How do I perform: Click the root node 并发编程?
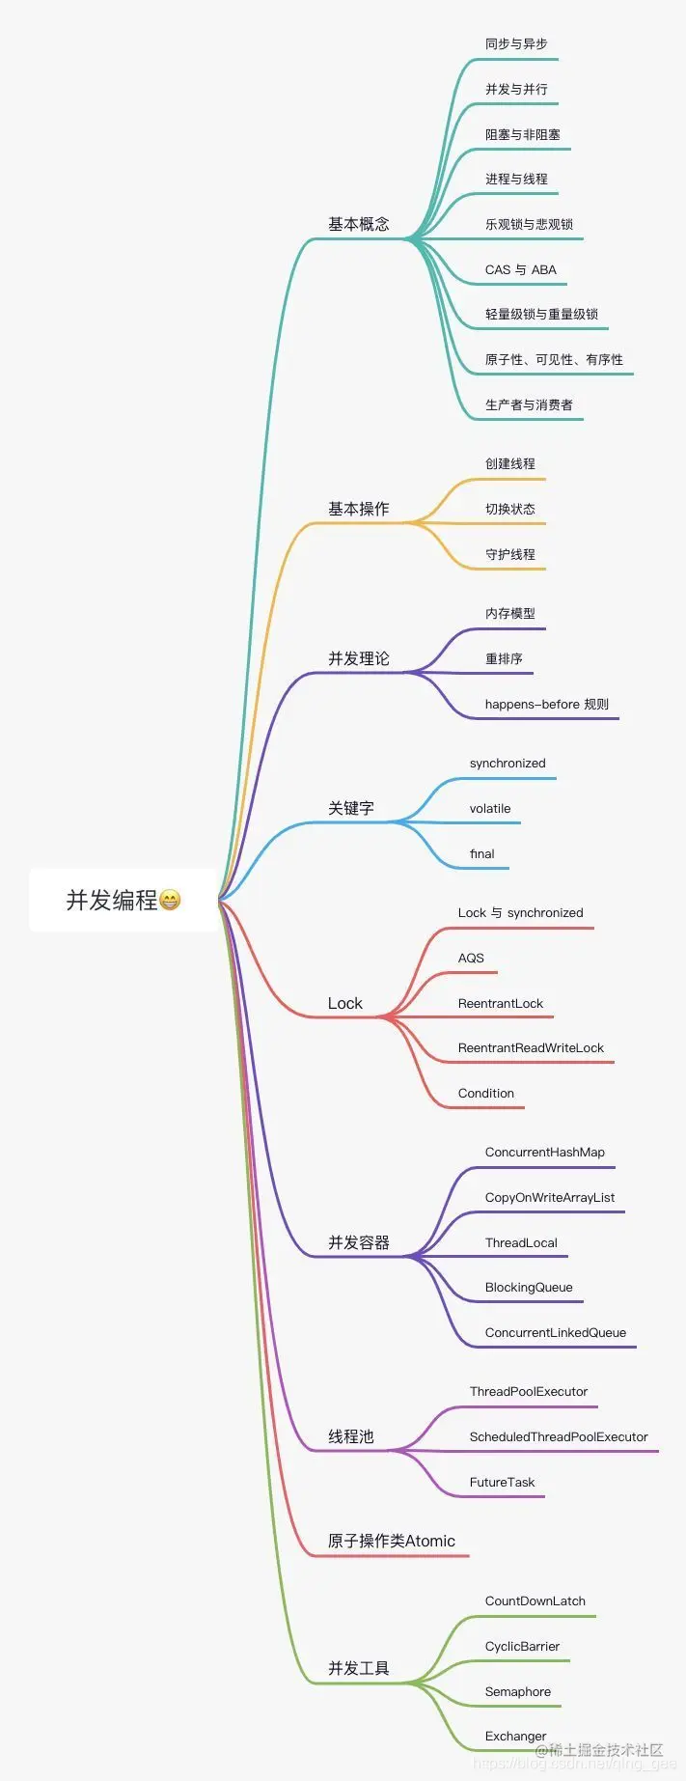tap(112, 901)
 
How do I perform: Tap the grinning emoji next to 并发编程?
tap(170, 901)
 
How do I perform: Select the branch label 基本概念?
tap(359, 224)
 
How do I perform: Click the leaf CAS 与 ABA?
tap(521, 269)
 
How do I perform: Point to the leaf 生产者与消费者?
tap(529, 404)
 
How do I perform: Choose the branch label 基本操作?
tap(359, 509)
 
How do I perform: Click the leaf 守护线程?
tap(510, 554)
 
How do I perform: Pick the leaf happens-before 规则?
tap(547, 704)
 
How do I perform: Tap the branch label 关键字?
tap(351, 808)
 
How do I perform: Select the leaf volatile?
tap(490, 808)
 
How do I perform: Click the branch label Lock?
tap(344, 1004)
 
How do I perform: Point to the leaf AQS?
tap(471, 958)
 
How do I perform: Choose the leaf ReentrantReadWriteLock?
tap(531, 1047)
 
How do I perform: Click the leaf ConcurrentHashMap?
tap(545, 1152)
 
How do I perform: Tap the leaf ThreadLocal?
tap(521, 1242)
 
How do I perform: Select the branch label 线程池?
tap(351, 1436)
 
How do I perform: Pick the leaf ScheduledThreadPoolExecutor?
tap(559, 1436)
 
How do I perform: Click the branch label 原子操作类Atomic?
tap(392, 1541)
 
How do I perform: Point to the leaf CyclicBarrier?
tap(522, 1646)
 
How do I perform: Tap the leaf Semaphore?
tap(518, 1691)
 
